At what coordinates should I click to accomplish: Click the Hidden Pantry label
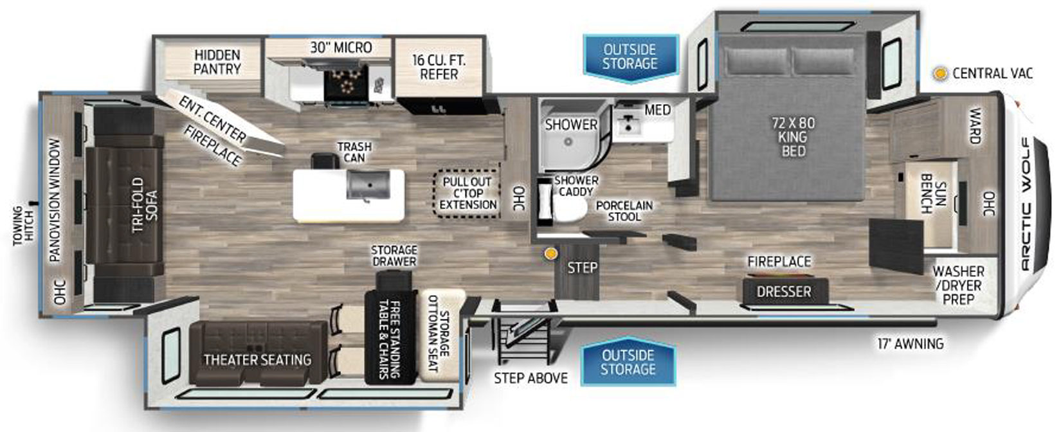tap(217, 62)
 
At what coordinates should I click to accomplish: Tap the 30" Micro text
tap(341, 48)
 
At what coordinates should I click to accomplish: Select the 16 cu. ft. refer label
tap(439, 67)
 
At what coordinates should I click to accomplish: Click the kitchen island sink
tap(368, 185)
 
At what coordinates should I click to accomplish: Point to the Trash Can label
tap(354, 152)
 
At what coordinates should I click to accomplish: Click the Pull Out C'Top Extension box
tap(467, 194)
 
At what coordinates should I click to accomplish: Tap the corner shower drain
tap(568, 141)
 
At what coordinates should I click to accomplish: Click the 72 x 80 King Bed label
tap(793, 137)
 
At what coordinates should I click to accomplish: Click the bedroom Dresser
tap(785, 291)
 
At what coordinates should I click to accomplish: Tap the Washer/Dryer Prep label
tap(958, 285)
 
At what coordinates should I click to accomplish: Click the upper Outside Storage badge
tap(630, 57)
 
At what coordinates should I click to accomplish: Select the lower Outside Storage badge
tap(628, 362)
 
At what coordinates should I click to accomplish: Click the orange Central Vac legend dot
tap(940, 73)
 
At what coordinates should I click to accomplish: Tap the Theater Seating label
tap(258, 360)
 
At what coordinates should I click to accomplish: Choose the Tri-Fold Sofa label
tap(144, 204)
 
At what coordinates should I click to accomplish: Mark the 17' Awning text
tap(911, 343)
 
